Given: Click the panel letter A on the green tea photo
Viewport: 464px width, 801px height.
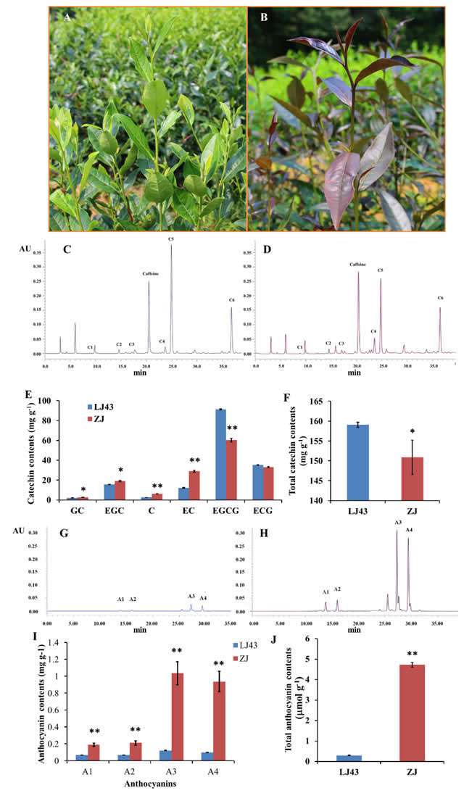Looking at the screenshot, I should [67, 18].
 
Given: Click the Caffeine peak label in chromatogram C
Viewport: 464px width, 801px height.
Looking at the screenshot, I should [150, 273].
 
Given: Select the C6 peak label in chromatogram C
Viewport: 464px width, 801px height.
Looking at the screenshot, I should [231, 299].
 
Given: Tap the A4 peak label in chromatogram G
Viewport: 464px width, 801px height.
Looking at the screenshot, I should [203, 597].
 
